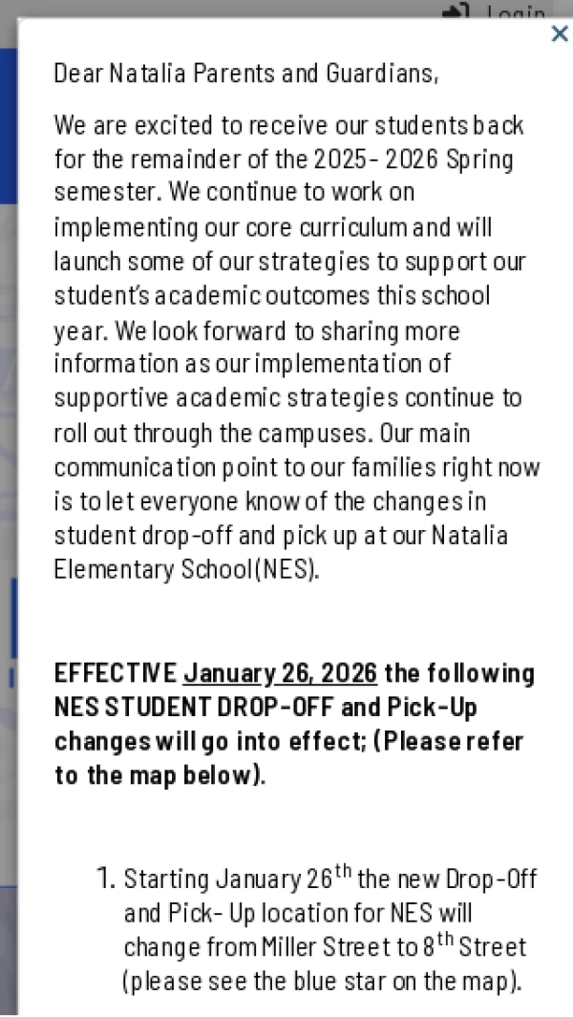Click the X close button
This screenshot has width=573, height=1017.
(x=560, y=34)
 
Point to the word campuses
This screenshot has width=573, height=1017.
(x=321, y=434)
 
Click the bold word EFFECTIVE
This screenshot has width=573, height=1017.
(x=116, y=674)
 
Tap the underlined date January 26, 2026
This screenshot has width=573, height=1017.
(x=281, y=674)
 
